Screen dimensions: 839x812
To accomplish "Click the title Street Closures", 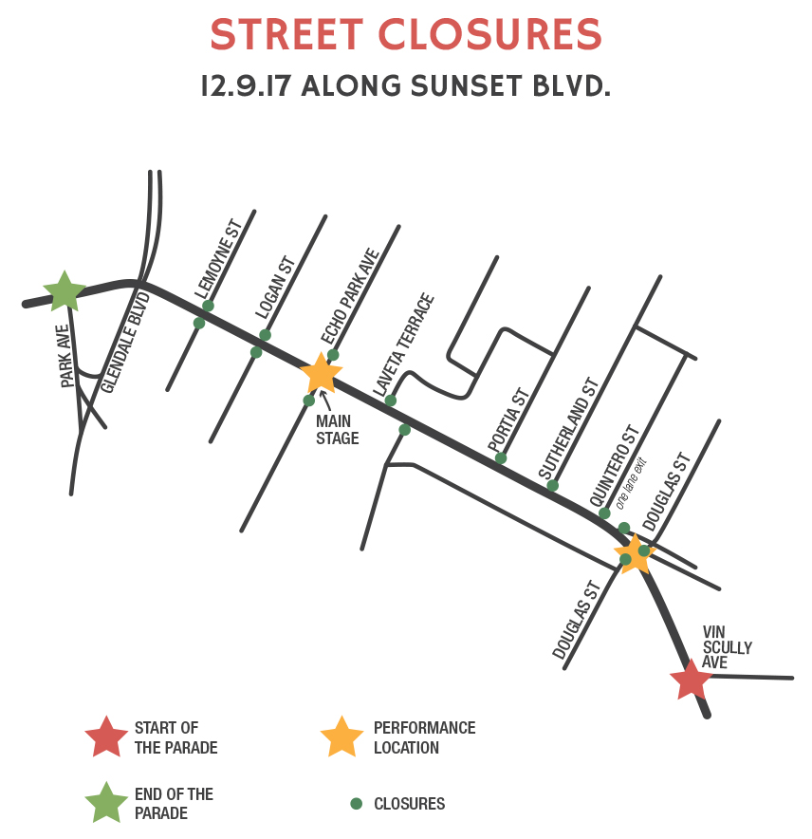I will point(406,35).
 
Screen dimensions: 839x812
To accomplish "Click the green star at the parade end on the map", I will point(65,291).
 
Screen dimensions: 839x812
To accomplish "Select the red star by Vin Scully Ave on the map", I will point(690,680).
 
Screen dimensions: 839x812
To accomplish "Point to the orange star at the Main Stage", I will point(321,373).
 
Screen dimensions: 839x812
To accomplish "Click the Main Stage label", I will point(337,429).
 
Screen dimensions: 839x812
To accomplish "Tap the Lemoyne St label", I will point(219,259).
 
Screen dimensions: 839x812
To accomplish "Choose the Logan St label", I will point(276,287).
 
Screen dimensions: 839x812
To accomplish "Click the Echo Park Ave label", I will point(350,296).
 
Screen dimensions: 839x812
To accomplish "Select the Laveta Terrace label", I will point(403,345).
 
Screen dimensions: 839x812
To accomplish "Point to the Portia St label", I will point(507,419).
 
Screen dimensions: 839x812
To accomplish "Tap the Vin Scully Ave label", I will point(727,646).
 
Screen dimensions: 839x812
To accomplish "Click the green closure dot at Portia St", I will point(501,458).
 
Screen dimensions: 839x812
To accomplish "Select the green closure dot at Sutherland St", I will point(552,486).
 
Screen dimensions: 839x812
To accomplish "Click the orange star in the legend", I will point(341,736).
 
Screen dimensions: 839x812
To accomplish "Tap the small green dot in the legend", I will point(357,804).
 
